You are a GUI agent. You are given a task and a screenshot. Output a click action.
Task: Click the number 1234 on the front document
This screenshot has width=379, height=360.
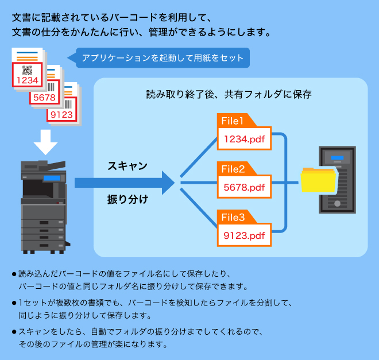click(x=28, y=80)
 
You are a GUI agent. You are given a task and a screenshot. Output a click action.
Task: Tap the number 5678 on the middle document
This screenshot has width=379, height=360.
click(x=44, y=98)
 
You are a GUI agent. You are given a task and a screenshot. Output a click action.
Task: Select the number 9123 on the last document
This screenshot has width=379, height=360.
click(x=62, y=114)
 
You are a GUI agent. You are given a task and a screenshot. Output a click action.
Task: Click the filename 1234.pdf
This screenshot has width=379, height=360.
click(x=244, y=140)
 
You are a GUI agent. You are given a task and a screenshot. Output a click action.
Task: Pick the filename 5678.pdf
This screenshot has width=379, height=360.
click(x=244, y=187)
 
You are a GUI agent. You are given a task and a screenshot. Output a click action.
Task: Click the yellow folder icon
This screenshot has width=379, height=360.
click(x=318, y=181)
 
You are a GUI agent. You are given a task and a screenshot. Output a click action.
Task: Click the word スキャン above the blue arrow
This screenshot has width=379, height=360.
click(x=127, y=166)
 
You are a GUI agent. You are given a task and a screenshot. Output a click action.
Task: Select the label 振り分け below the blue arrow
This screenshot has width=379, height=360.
click(x=127, y=200)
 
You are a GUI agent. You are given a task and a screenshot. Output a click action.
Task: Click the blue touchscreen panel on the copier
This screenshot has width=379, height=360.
click(x=52, y=178)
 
